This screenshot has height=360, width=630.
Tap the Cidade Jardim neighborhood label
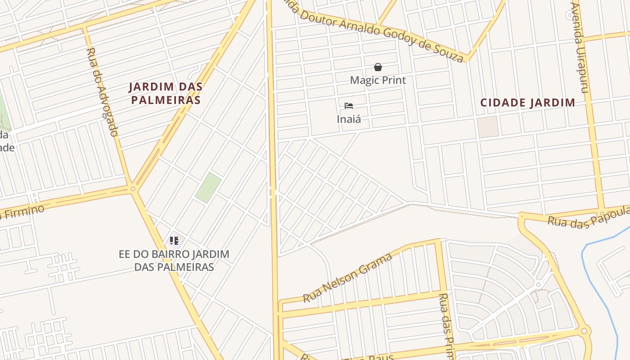click(x=527, y=103)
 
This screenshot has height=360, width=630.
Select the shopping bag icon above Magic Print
click(x=378, y=67)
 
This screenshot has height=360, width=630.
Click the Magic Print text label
click(x=378, y=80)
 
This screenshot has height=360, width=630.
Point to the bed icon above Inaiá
click(x=349, y=106)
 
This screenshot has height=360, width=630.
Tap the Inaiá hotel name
click(x=349, y=119)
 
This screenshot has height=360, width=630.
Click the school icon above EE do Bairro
click(x=174, y=241)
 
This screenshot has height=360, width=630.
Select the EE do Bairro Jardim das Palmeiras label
click(x=174, y=261)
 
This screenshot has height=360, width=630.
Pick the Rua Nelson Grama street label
click(x=347, y=278)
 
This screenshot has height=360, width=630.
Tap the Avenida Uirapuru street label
click(x=579, y=47)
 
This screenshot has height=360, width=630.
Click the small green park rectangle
click(x=208, y=187)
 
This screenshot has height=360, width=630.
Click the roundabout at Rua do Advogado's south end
click(x=132, y=189)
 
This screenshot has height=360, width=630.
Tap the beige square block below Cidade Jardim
click(x=488, y=126)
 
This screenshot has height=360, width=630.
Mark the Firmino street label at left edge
click(x=22, y=212)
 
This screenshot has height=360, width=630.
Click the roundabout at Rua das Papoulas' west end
click(x=522, y=216)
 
